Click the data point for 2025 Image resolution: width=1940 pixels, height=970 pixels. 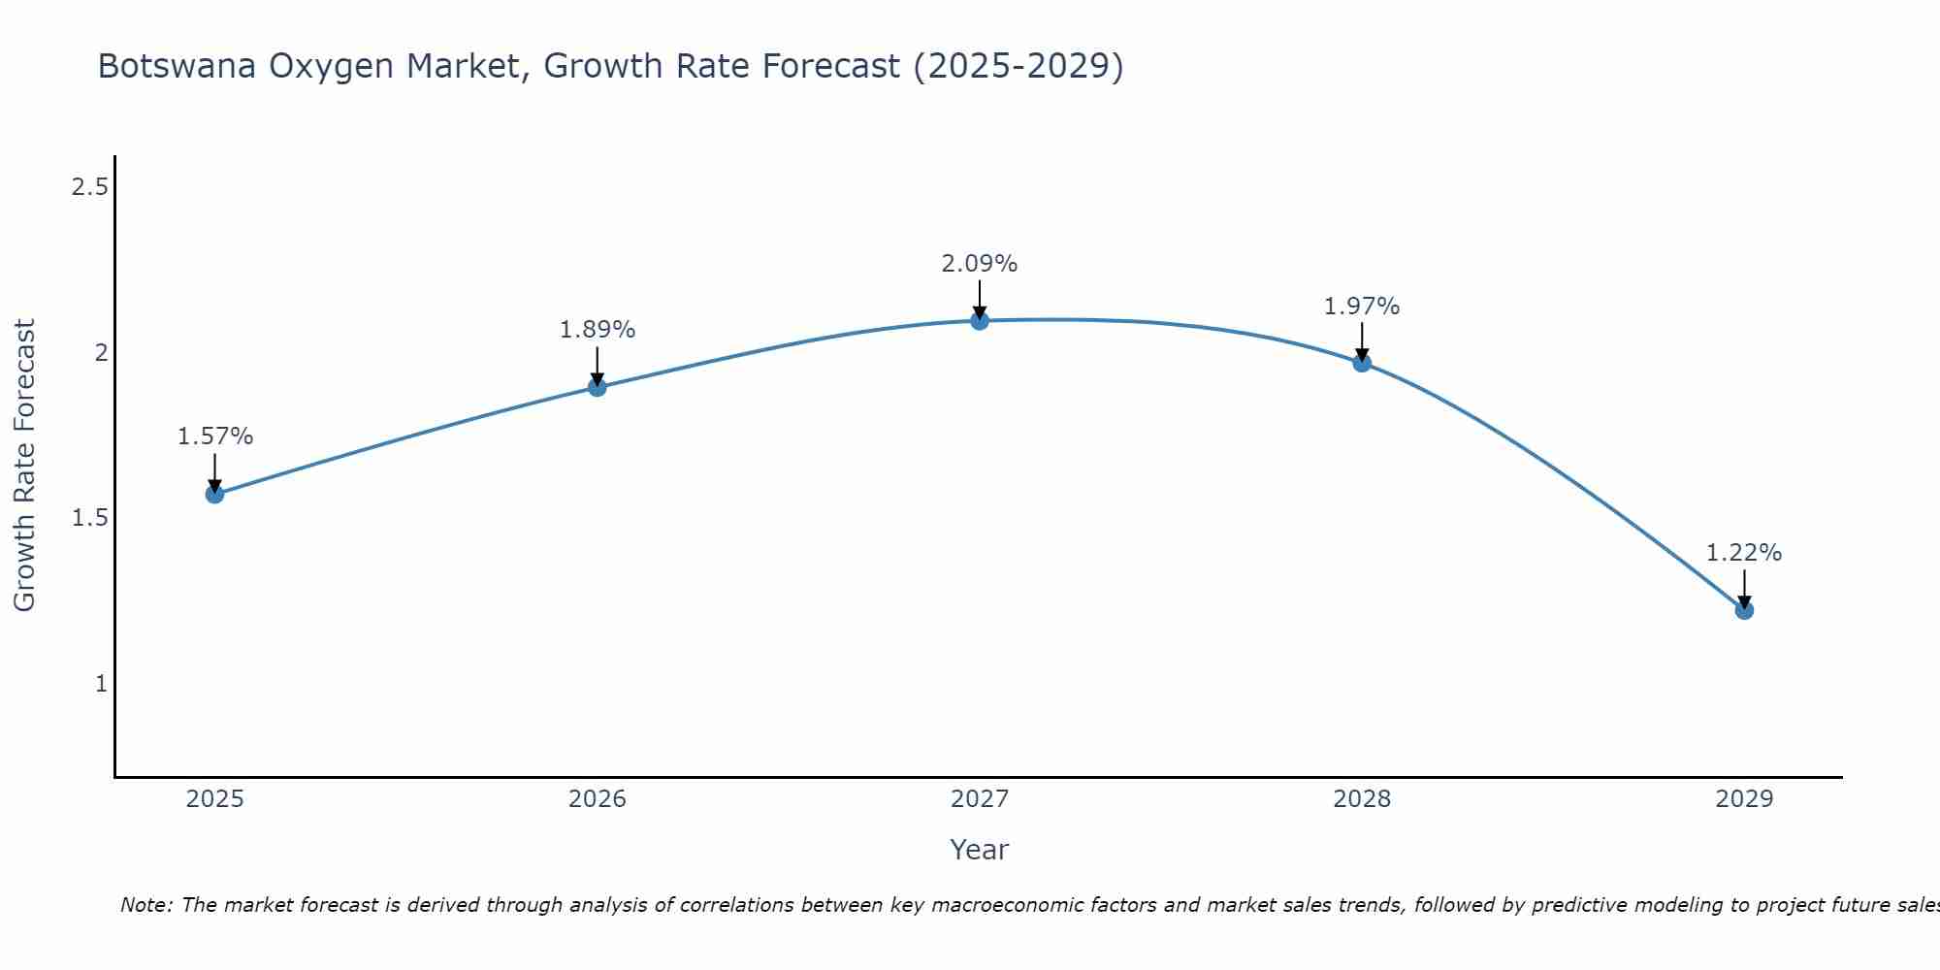click(214, 494)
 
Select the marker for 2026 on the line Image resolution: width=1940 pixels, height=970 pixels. click(598, 387)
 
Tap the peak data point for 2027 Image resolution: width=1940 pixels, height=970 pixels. click(980, 321)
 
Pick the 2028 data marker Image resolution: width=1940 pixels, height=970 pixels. click(1362, 363)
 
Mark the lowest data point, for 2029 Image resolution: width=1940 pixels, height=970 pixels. click(1744, 610)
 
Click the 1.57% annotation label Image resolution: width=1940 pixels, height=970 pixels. click(214, 436)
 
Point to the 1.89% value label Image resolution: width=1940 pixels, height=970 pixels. click(598, 330)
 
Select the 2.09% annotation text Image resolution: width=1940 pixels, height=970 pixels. click(980, 264)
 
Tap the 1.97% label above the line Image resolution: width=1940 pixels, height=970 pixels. click(1362, 307)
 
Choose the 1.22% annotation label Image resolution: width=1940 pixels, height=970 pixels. click(1744, 553)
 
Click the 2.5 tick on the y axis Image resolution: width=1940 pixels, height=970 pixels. click(89, 187)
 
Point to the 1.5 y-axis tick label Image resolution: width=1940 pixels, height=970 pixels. click(89, 518)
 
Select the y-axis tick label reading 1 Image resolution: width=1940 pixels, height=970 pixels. click(101, 684)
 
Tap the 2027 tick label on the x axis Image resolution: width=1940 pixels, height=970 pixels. click(980, 799)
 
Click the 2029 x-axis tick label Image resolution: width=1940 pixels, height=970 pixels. click(1744, 799)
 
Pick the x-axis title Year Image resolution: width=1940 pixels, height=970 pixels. click(980, 850)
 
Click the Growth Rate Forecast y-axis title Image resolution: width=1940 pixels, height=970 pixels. click(25, 466)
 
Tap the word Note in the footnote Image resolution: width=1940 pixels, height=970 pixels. click(145, 905)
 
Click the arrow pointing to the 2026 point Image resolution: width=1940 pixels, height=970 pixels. click(598, 366)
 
